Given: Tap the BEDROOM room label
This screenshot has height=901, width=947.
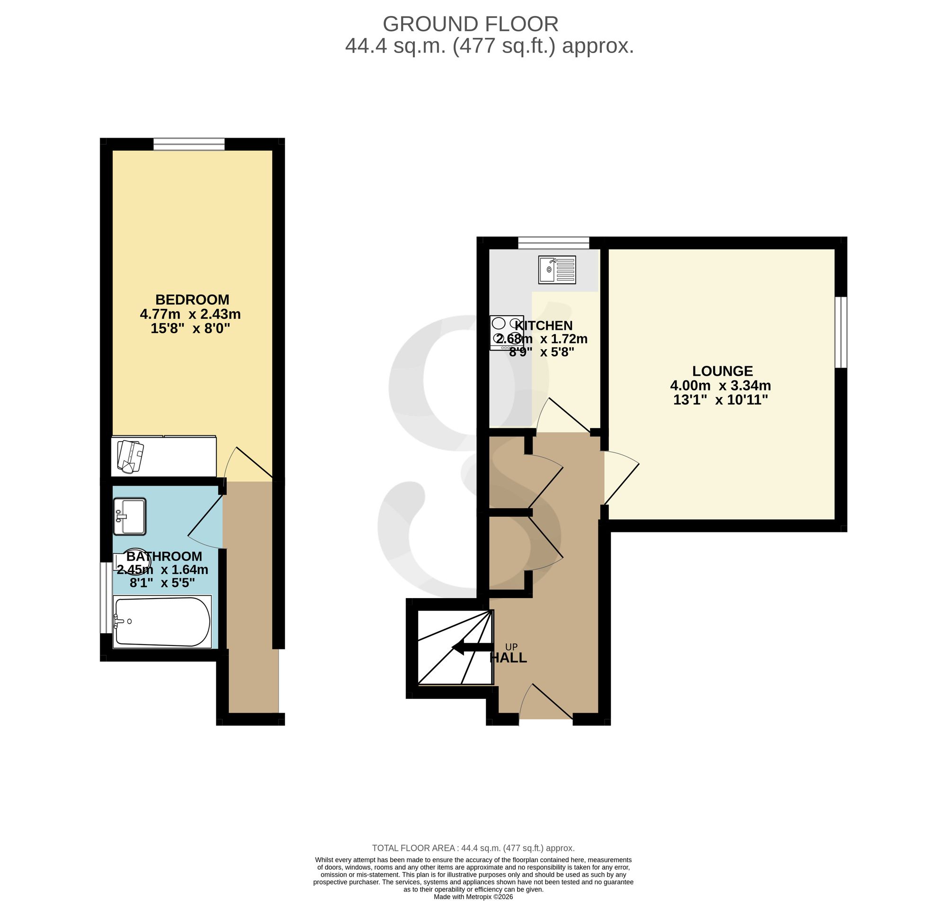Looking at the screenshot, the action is click(x=192, y=300).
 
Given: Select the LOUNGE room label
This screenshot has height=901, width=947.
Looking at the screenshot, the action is click(x=722, y=371).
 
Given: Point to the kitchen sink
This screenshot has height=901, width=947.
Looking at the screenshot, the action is click(x=557, y=269).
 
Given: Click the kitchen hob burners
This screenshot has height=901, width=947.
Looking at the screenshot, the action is click(x=507, y=332).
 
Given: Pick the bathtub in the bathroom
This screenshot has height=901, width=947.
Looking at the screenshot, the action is click(x=162, y=622).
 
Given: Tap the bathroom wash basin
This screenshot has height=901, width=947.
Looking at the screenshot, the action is click(x=130, y=517).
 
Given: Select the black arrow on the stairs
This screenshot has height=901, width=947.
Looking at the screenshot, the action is click(x=473, y=648).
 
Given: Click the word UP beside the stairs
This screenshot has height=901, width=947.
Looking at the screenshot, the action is click(x=511, y=647).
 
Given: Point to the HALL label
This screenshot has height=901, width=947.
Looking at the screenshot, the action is click(x=509, y=658).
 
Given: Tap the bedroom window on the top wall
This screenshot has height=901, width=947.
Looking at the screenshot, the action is click(x=189, y=143).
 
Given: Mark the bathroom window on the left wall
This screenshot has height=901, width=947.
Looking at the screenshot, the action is click(x=106, y=598).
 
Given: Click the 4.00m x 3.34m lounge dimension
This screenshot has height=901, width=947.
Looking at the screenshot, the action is click(x=720, y=385).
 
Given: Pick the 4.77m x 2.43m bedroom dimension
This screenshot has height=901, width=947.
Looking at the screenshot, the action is click(x=190, y=314).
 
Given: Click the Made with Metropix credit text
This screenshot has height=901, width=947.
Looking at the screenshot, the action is click(x=473, y=897).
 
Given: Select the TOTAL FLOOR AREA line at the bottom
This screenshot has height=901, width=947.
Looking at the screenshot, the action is click(x=473, y=848).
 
